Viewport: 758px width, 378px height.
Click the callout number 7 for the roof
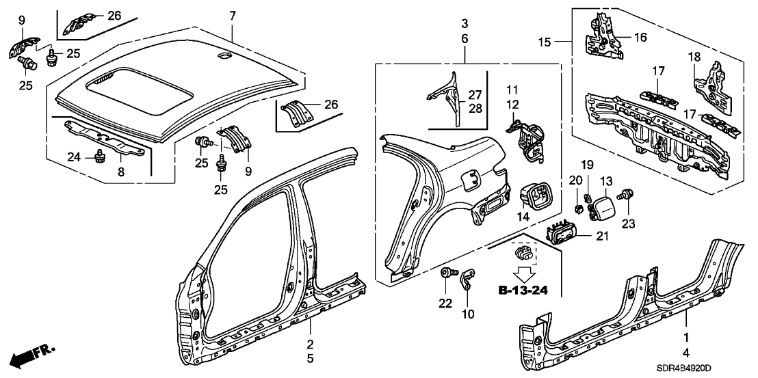233,15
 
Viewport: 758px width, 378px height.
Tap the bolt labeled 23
626,195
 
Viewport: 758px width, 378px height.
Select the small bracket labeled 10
467,279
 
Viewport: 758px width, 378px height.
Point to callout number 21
603,236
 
